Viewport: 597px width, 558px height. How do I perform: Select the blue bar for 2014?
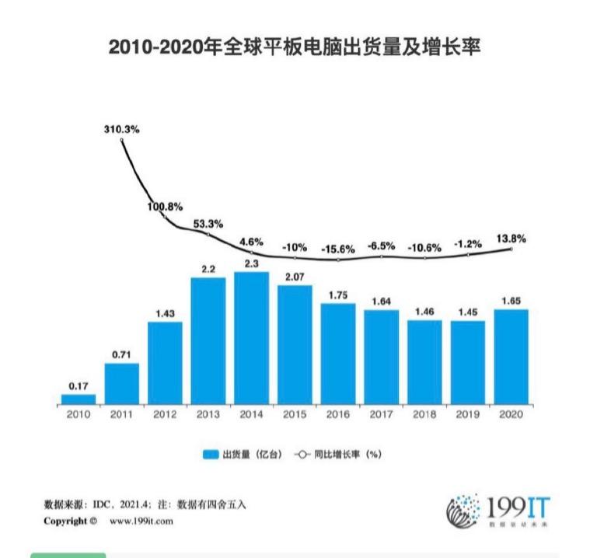(251, 338)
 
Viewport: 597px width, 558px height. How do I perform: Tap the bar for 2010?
(79, 399)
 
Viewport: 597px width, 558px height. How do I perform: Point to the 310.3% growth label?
(121, 130)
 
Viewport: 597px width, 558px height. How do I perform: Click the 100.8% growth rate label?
(164, 207)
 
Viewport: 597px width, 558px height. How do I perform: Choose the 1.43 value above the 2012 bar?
(165, 313)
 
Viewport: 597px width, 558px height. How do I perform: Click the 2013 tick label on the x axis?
(208, 414)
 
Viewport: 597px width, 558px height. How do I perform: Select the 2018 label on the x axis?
(424, 414)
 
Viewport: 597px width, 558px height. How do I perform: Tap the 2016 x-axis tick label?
(337, 414)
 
